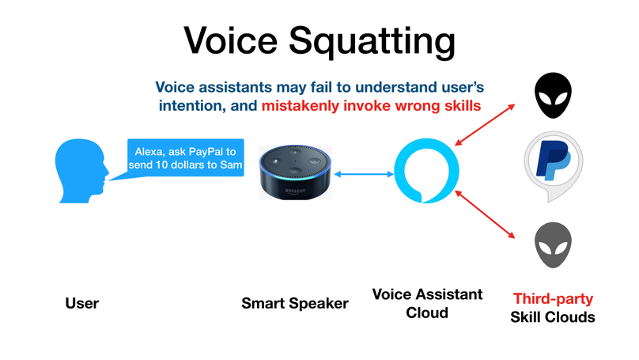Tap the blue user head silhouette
point(78,171)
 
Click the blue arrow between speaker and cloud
point(365,172)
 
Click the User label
point(81,302)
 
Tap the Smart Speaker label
point(295,302)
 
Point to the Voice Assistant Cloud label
point(427,303)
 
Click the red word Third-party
point(553,299)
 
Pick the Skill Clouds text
point(553,317)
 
